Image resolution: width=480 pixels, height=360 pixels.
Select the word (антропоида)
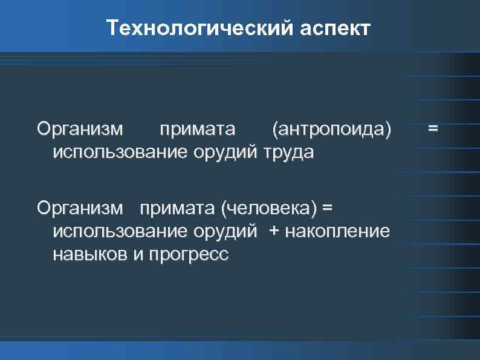click(332, 129)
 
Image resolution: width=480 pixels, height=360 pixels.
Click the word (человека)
click(269, 209)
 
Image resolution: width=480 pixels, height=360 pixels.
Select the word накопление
click(337, 232)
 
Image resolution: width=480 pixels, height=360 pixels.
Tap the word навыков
click(90, 254)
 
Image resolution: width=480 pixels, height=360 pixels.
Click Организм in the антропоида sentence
click(79, 129)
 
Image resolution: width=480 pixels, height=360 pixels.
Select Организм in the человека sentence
click(79, 209)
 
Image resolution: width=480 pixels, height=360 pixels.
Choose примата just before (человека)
click(178, 209)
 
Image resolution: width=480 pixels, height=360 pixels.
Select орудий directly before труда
click(224, 151)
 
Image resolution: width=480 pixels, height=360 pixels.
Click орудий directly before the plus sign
click(224, 232)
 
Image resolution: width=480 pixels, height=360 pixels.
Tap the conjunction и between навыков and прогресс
click(137, 255)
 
